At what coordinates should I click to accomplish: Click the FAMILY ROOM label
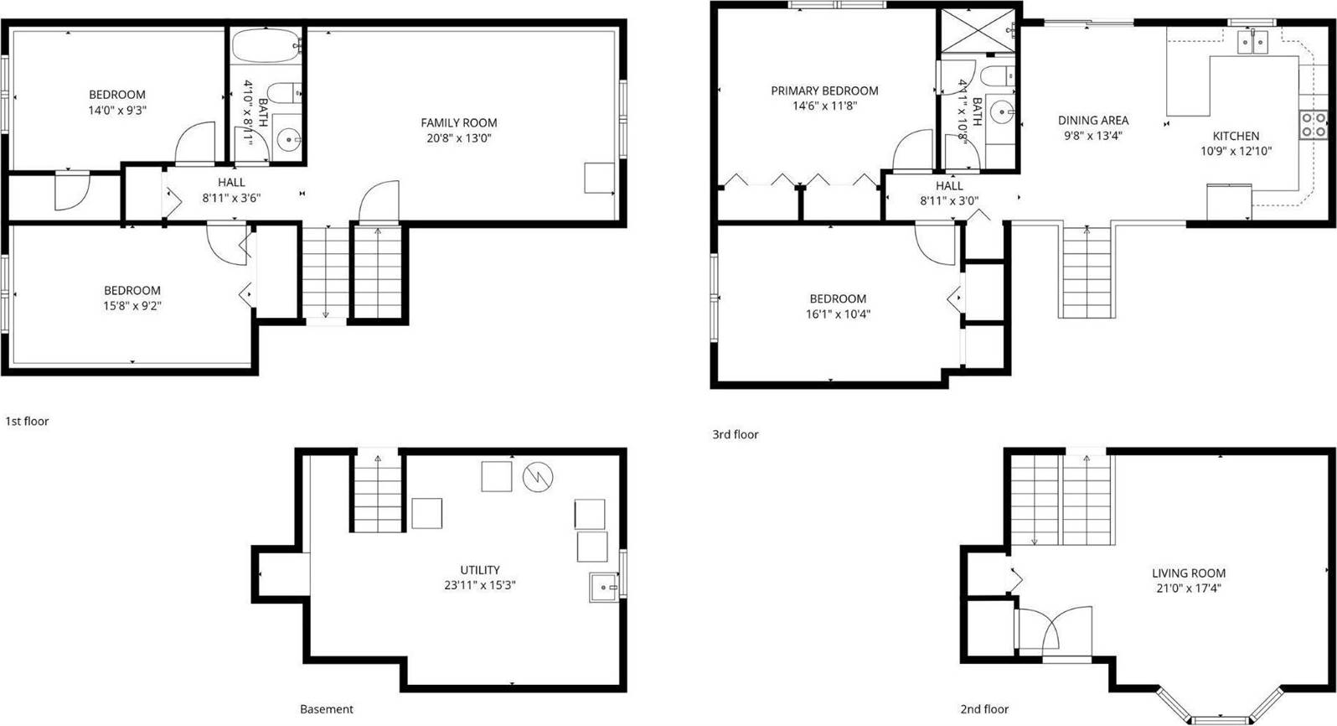click(458, 122)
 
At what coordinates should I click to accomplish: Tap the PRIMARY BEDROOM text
click(824, 91)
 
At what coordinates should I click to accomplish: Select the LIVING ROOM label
click(1189, 573)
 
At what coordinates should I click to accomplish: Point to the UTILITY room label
click(480, 570)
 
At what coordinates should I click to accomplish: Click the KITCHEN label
click(1236, 136)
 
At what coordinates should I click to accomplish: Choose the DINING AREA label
click(1093, 120)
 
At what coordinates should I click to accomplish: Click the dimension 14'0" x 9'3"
click(117, 110)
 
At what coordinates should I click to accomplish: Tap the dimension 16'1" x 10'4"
click(838, 314)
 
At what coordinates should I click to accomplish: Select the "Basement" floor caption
click(327, 709)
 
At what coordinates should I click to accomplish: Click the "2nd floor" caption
click(984, 709)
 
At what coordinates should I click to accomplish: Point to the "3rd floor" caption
click(736, 434)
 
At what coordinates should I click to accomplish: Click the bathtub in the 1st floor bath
click(266, 45)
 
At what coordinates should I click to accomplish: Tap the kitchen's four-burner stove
click(1314, 125)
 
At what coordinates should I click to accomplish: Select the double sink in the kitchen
click(1253, 42)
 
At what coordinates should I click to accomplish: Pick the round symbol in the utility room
click(538, 477)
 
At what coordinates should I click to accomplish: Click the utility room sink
click(604, 588)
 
